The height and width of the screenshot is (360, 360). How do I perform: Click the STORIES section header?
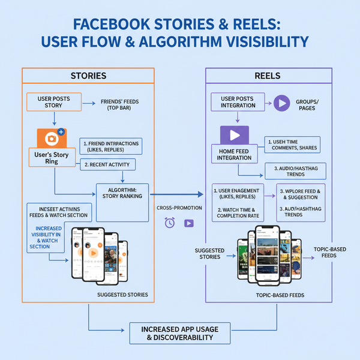point(88,76)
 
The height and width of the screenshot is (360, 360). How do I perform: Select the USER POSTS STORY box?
point(53,101)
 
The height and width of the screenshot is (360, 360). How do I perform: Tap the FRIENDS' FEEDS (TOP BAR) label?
point(115,105)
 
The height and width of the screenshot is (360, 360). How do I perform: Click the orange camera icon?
point(50,139)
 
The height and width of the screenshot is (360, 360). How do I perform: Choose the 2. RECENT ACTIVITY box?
point(108,164)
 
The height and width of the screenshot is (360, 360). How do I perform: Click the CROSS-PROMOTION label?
point(179,207)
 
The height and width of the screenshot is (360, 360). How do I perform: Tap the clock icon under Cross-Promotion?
point(170,223)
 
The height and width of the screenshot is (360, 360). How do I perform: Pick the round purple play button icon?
point(281,102)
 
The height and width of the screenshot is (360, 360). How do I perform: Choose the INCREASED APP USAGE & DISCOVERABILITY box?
point(179,333)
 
